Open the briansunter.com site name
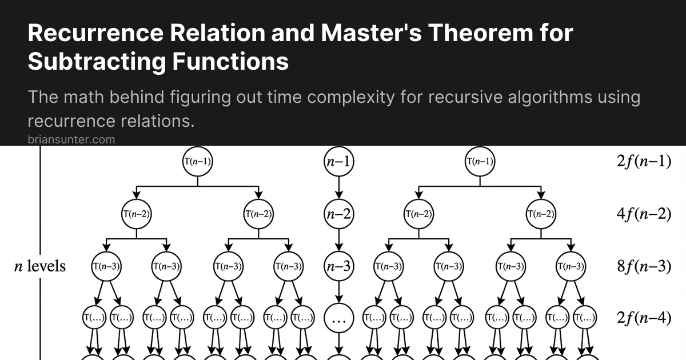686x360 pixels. click(71, 139)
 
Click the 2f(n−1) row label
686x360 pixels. click(644, 162)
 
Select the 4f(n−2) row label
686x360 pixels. click(644, 214)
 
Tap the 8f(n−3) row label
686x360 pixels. click(644, 266)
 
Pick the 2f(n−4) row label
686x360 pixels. click(644, 318)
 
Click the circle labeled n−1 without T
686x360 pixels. click(339, 162)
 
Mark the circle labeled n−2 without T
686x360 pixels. click(339, 214)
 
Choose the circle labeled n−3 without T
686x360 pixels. click(339, 266)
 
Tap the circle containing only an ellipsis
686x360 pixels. click(339, 318)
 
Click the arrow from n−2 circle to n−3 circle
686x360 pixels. click(339, 240)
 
